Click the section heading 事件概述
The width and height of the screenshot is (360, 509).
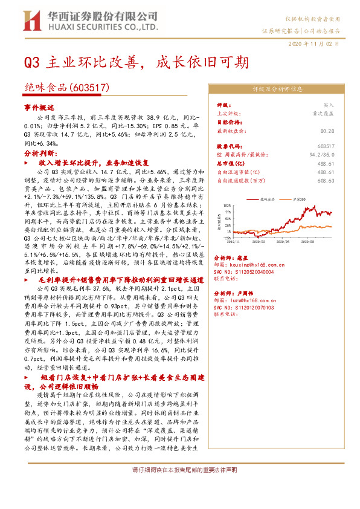pyautogui.click(x=39, y=106)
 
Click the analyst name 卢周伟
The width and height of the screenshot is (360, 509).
pyautogui.click(x=249, y=292)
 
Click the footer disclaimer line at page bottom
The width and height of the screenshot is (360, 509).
pyautogui.click(x=179, y=470)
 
